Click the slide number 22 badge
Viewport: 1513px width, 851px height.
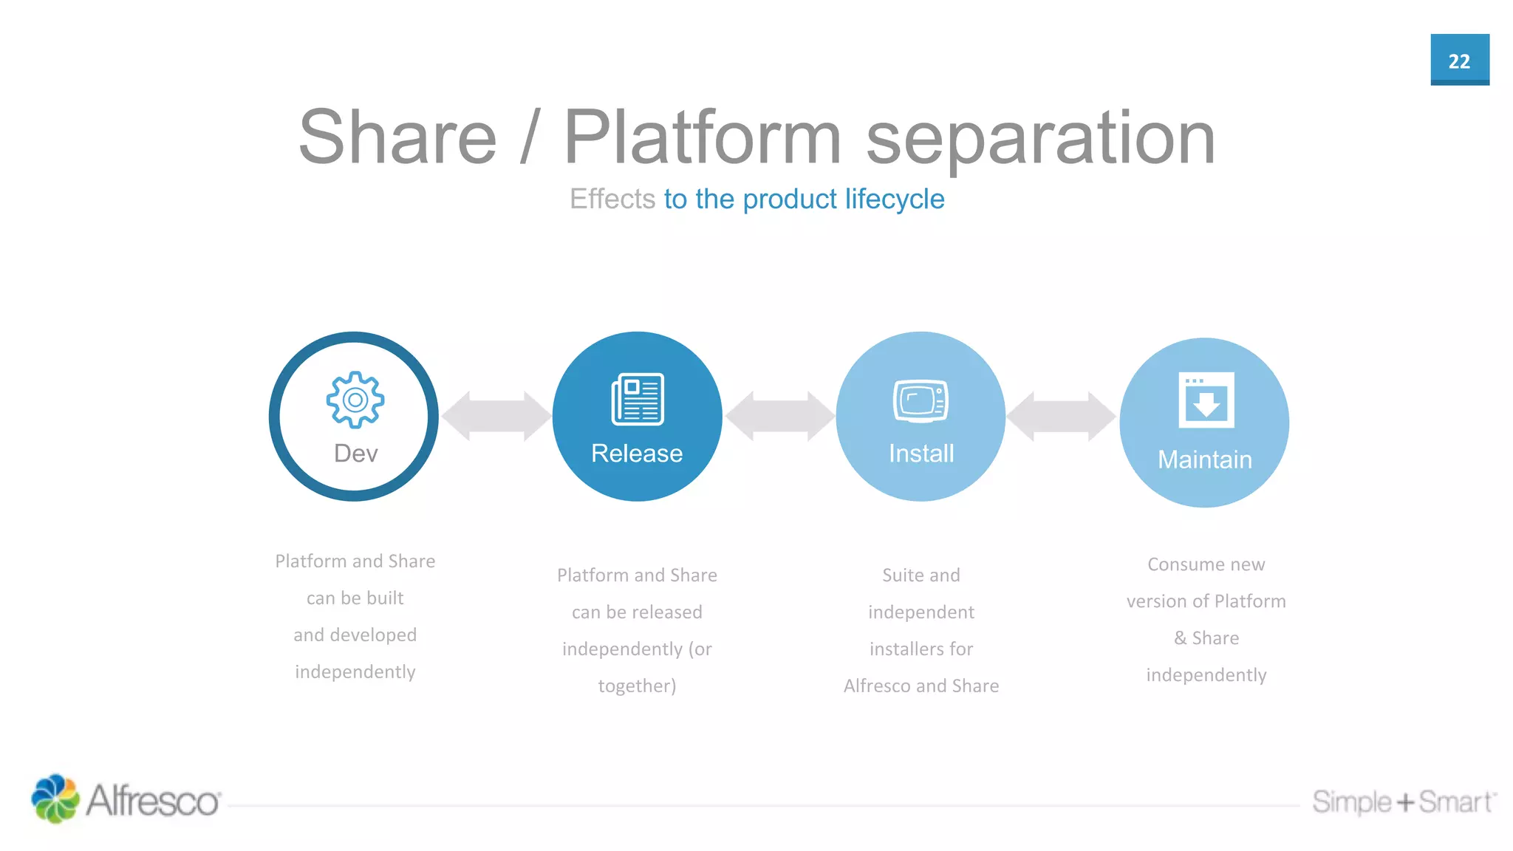(x=1459, y=60)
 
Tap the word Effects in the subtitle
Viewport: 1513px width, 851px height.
(x=612, y=199)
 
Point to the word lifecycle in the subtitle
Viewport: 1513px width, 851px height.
(x=895, y=199)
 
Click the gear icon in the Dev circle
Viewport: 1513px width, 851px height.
(x=355, y=400)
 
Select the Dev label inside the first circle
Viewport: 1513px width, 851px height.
(x=355, y=454)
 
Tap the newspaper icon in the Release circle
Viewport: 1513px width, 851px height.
(x=638, y=400)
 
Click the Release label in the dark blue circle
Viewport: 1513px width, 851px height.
(x=637, y=454)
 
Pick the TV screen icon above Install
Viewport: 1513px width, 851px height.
(x=921, y=401)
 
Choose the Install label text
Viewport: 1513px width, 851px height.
(x=921, y=454)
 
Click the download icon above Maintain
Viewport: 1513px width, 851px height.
(x=1206, y=400)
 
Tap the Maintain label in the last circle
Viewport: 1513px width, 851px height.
(x=1204, y=460)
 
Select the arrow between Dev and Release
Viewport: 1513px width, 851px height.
(x=496, y=417)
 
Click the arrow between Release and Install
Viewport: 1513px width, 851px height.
(x=779, y=417)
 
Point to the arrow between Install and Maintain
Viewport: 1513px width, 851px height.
(x=1062, y=417)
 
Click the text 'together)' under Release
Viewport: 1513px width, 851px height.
(x=637, y=686)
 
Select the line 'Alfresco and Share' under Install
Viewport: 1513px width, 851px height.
(x=921, y=686)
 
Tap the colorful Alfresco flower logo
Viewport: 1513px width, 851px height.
(x=55, y=799)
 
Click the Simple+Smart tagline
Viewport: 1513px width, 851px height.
(x=1403, y=802)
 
